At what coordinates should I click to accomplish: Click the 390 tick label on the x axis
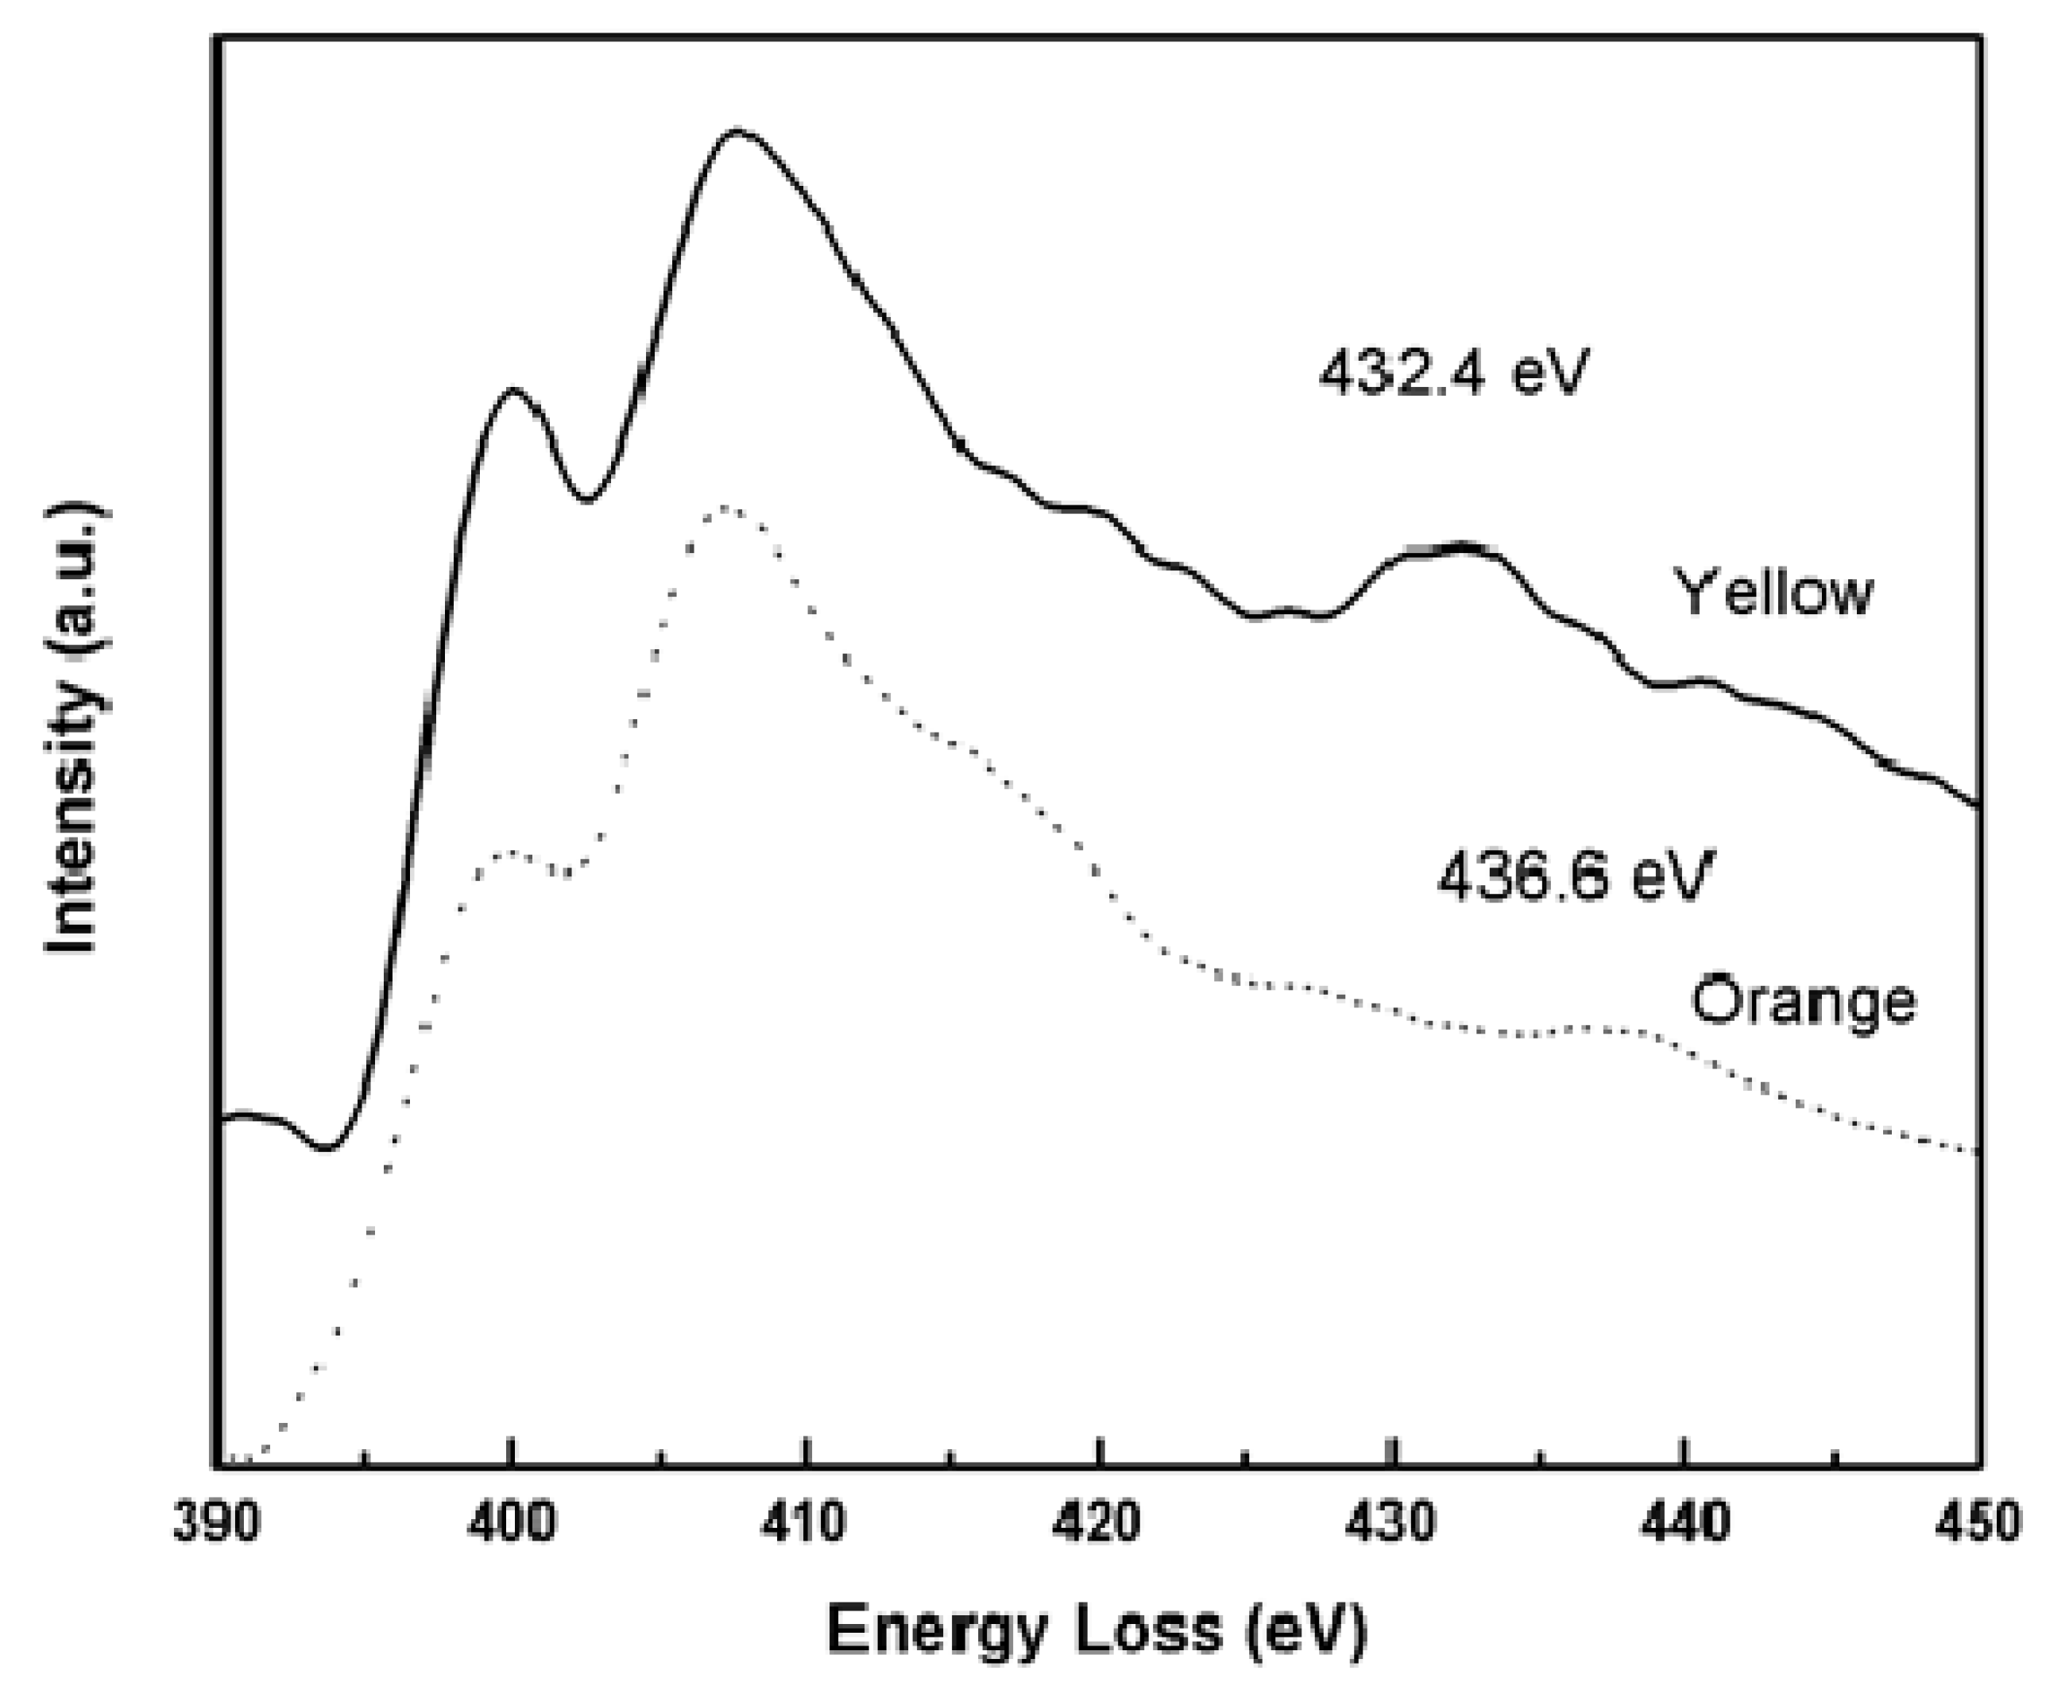coord(217,1522)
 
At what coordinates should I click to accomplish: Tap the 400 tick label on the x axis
coord(511,1522)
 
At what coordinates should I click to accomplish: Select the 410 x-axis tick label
coord(804,1522)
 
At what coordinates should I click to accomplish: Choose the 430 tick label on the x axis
coord(1392,1522)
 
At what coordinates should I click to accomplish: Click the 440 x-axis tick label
coord(1685,1522)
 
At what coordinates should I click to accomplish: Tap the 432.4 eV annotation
coord(1453,372)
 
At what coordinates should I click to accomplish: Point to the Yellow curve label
coord(1773,592)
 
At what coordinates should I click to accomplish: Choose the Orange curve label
coord(1803,1000)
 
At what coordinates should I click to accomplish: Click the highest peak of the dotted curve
coord(724,508)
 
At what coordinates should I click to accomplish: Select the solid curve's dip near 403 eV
coord(587,500)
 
